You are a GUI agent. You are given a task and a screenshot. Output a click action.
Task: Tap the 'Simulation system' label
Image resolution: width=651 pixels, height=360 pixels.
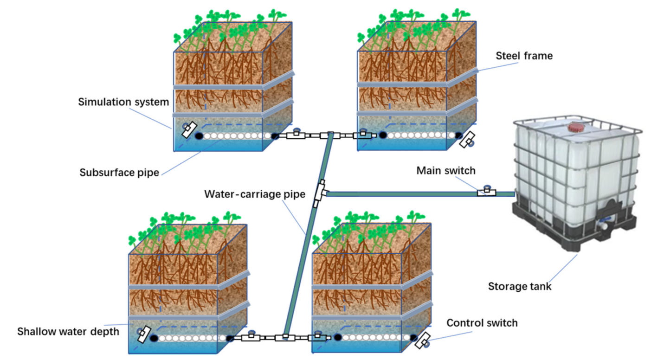(123, 102)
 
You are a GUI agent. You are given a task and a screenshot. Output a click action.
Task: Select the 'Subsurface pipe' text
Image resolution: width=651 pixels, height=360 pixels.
(119, 173)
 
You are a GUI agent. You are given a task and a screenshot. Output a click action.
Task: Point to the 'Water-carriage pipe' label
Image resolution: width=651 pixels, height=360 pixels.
(255, 194)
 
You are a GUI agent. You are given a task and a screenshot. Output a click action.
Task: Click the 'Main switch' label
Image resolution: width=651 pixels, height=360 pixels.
(446, 171)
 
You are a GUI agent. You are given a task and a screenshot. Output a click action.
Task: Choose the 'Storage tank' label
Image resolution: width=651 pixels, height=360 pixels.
(520, 286)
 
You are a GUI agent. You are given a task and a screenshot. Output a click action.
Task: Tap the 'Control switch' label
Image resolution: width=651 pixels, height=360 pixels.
(482, 322)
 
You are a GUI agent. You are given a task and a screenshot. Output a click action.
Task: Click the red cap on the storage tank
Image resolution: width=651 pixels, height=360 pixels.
(576, 127)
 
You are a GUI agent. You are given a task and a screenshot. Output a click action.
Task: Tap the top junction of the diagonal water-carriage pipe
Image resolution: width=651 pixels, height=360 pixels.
(330, 135)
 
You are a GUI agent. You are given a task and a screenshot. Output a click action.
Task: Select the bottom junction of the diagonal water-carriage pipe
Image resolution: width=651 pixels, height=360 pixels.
(285, 337)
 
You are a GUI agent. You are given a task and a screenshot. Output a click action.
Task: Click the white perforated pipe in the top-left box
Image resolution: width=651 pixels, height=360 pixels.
(237, 136)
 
